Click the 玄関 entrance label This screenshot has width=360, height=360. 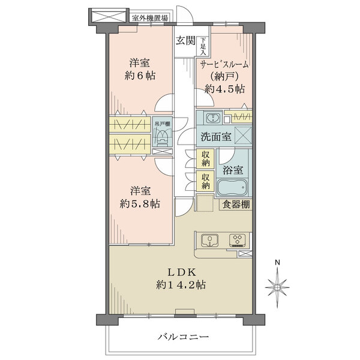point(185,41)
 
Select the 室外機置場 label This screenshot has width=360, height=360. point(149,18)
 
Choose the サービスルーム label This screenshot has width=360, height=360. point(224,65)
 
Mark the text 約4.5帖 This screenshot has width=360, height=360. point(224,89)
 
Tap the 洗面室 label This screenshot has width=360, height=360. point(215,136)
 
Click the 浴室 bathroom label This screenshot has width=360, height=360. point(233,170)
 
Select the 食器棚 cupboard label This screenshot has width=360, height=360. point(237,205)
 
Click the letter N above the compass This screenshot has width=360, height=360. point(277,263)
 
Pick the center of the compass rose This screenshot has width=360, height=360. point(277,286)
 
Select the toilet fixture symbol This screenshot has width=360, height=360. point(161,139)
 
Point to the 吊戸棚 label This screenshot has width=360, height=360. point(161,124)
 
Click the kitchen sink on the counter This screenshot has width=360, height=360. point(209,240)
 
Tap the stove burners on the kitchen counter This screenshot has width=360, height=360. point(237,240)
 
